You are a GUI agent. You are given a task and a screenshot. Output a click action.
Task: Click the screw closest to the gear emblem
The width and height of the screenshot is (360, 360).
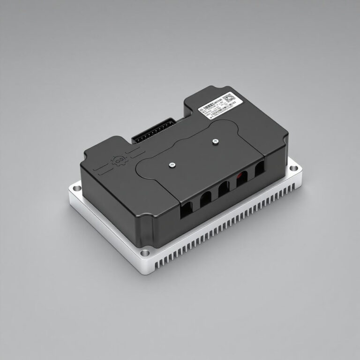pyautogui.click(x=172, y=164)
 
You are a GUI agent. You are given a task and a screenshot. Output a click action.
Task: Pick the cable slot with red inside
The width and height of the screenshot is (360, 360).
pyautogui.click(x=241, y=180)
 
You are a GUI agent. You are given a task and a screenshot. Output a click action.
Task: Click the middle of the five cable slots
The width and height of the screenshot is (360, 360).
pyautogui.click(x=224, y=189)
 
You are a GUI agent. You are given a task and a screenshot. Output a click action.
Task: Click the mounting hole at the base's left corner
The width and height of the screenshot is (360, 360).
pyautogui.click(x=74, y=189)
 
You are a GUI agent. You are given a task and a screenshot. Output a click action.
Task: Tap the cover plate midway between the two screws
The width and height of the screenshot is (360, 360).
pyautogui.click(x=193, y=152)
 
